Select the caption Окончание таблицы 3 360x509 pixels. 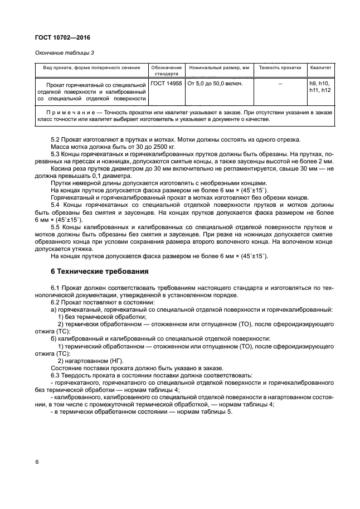[59, 52]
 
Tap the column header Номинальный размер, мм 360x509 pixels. [219, 67]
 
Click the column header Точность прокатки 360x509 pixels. [280, 67]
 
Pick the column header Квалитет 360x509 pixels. [320, 67]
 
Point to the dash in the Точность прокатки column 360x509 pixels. [280, 83]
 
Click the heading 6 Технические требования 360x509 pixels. [99, 272]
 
